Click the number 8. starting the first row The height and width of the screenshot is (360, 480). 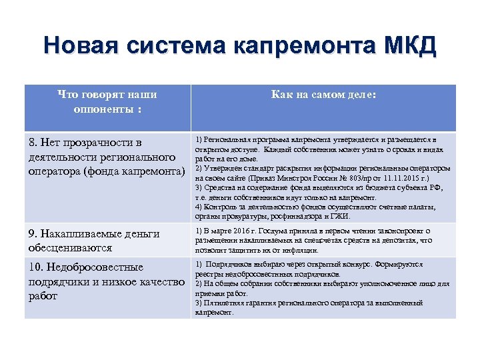coord(34,143)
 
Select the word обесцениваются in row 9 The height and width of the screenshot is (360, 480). coord(68,247)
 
